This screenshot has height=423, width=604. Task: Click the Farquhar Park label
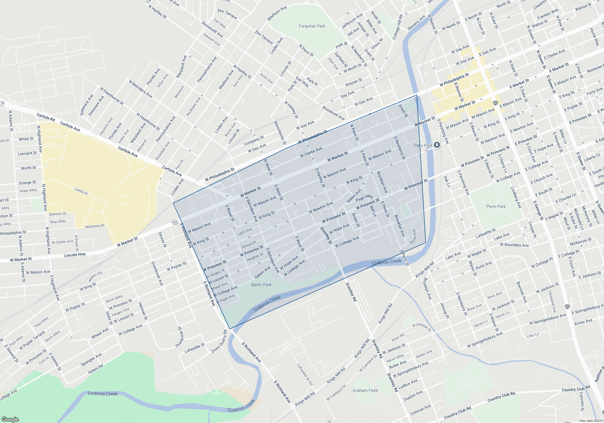tap(312, 26)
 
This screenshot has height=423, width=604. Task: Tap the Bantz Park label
tap(261, 285)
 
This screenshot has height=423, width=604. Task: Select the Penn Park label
tap(496, 206)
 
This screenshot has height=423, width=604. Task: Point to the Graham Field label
tap(365, 390)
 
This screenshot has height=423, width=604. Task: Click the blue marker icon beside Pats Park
tap(437, 145)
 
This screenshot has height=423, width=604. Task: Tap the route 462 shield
tap(175, 222)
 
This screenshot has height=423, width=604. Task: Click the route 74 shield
tap(2, 103)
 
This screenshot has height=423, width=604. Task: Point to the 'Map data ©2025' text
tap(591, 421)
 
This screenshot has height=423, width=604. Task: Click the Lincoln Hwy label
tap(75, 255)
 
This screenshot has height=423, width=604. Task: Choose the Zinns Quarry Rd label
tap(219, 341)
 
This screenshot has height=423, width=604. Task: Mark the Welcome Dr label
tap(95, 226)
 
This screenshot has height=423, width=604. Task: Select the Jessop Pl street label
tap(445, 310)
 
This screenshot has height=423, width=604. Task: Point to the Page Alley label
tap(364, 198)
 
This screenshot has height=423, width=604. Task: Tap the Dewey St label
tap(162, 240)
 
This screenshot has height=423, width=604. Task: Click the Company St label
tap(254, 140)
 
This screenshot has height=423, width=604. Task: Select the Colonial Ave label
tap(420, 410)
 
